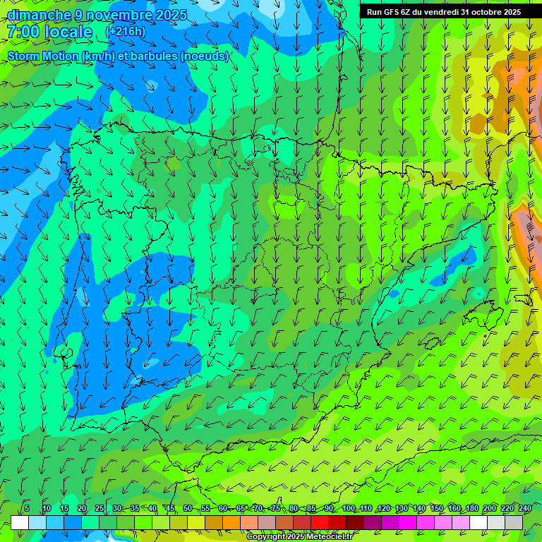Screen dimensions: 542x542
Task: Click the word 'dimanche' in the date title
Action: pyautogui.click(x=39, y=15)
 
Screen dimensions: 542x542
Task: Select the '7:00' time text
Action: pyautogui.click(x=22, y=32)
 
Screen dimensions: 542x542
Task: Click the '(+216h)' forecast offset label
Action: pyautogui.click(x=126, y=32)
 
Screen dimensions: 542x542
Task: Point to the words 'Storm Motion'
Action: pyautogui.click(x=43, y=56)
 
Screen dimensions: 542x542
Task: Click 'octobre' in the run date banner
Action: pyautogui.click(x=483, y=11)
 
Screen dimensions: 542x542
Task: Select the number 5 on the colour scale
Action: pyautogui.click(x=27, y=508)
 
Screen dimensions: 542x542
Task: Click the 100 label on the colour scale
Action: pyautogui.click(x=349, y=508)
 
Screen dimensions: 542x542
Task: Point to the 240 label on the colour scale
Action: pyautogui.click(x=525, y=508)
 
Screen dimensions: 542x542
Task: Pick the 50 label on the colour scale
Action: pyautogui.click(x=188, y=508)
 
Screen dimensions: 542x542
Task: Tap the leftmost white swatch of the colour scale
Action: pyautogui.click(x=20, y=522)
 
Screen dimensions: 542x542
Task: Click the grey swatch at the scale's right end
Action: pyautogui.click(x=514, y=522)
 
